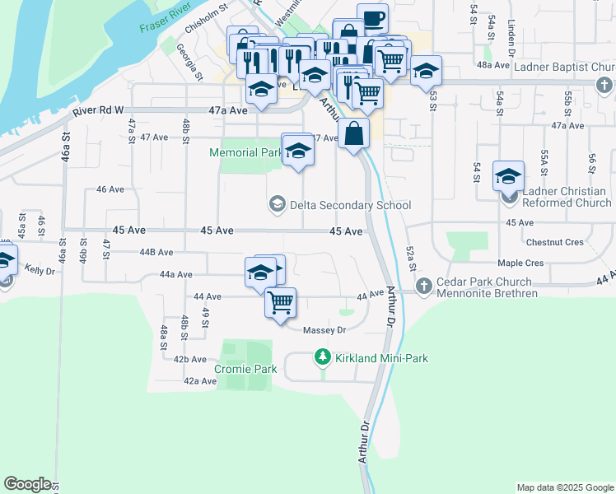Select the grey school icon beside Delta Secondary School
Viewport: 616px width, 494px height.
pyautogui.click(x=278, y=204)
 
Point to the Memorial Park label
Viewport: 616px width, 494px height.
pyautogui.click(x=245, y=152)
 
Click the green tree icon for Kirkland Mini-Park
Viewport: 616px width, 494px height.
pyautogui.click(x=323, y=357)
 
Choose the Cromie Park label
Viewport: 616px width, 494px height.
pyautogui.click(x=245, y=369)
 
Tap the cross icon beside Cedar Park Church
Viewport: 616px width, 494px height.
pyautogui.click(x=424, y=286)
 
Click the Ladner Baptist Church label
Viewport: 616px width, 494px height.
pyautogui.click(x=556, y=66)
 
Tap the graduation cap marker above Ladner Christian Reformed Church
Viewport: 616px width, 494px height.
pyautogui.click(x=508, y=175)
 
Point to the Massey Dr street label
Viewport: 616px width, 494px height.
pyautogui.click(x=324, y=330)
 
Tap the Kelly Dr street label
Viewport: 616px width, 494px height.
pyautogui.click(x=39, y=269)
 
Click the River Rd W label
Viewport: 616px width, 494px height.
pyautogui.click(x=98, y=110)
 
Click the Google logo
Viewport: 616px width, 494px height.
pyautogui.click(x=27, y=484)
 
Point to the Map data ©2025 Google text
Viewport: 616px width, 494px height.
pyautogui.click(x=564, y=487)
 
